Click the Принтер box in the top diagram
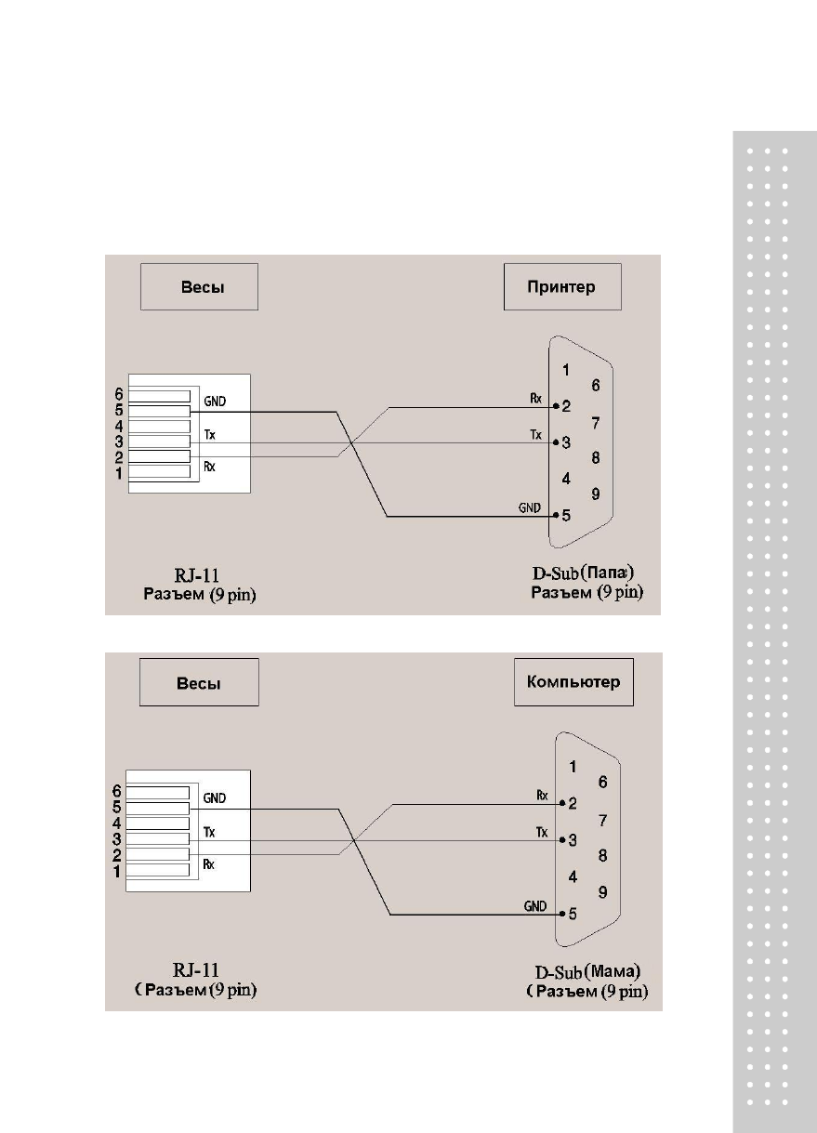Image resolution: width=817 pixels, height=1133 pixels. (562, 286)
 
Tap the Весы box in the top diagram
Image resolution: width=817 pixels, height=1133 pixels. (199, 286)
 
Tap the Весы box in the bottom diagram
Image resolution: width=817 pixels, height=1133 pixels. (199, 682)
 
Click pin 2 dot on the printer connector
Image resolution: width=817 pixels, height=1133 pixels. (555, 406)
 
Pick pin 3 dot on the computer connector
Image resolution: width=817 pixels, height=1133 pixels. (561, 840)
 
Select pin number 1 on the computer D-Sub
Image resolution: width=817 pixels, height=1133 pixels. (573, 767)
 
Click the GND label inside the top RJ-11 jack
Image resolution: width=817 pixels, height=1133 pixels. (214, 402)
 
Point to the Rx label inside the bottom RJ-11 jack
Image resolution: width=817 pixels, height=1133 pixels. (209, 863)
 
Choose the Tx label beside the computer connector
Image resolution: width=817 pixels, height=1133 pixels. (542, 832)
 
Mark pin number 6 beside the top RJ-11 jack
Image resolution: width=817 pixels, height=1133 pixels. (118, 394)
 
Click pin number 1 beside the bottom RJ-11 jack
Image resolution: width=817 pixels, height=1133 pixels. (116, 872)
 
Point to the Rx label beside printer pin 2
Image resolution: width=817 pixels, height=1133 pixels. (536, 399)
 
